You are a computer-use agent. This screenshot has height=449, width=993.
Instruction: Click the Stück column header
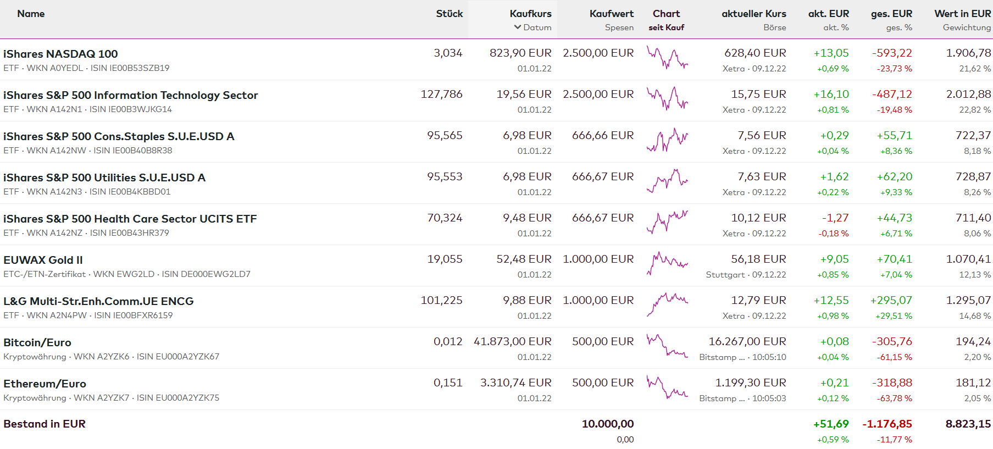pos(449,14)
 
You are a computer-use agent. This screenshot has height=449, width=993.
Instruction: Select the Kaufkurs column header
pos(530,14)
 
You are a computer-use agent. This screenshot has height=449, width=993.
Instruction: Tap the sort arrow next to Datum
pos(517,27)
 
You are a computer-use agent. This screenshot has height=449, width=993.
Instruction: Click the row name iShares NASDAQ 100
pos(60,54)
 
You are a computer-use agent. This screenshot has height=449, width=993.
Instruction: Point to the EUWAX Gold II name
pos(43,260)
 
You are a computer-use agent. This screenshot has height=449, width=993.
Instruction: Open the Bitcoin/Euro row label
pos(37,342)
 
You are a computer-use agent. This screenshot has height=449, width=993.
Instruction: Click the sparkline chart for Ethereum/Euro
pos(667,387)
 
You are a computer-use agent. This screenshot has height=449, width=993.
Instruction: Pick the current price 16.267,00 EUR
pos(747,341)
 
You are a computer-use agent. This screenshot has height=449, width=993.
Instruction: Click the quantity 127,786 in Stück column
pos(441,94)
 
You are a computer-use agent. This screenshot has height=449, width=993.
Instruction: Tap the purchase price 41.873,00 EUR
pos(512,341)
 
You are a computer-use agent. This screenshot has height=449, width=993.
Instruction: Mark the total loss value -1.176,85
pos(887,424)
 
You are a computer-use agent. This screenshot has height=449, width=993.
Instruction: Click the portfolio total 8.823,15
pos(968,424)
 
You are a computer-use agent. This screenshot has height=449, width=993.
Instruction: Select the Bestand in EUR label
pos(45,424)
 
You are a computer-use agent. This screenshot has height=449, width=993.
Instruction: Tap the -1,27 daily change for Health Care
pos(835,218)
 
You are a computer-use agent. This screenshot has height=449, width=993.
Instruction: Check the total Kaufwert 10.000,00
pos(607,424)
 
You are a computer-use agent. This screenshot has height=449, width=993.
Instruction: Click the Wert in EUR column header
pos(962,14)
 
